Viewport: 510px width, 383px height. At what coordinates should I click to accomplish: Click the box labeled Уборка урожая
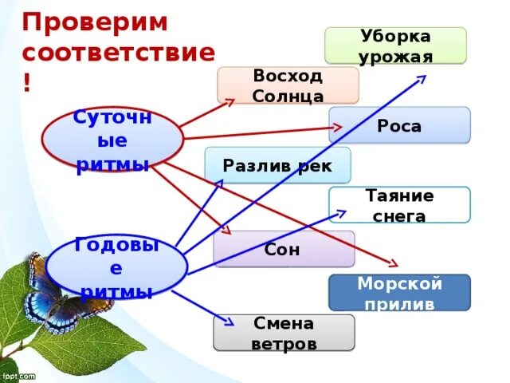(x=395, y=45)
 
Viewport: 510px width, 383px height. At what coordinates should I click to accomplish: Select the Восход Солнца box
(x=288, y=85)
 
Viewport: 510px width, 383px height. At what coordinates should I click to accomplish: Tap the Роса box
(x=399, y=125)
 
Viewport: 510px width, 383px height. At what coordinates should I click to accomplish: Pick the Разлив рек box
(x=277, y=165)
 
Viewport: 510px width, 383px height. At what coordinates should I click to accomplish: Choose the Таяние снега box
(x=399, y=205)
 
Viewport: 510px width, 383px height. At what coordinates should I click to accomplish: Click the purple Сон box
(x=284, y=249)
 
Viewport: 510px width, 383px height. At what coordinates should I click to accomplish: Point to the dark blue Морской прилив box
(x=399, y=293)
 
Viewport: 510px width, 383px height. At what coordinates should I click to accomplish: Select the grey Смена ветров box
(x=284, y=333)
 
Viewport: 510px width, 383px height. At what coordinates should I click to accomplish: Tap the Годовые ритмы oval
(x=116, y=267)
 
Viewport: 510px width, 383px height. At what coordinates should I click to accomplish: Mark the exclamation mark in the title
(x=27, y=84)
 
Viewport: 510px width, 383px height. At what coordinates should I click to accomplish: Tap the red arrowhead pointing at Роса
(x=339, y=126)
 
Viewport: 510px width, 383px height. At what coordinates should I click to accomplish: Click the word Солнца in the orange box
(x=288, y=96)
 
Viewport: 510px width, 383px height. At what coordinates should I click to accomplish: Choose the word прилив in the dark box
(x=399, y=304)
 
